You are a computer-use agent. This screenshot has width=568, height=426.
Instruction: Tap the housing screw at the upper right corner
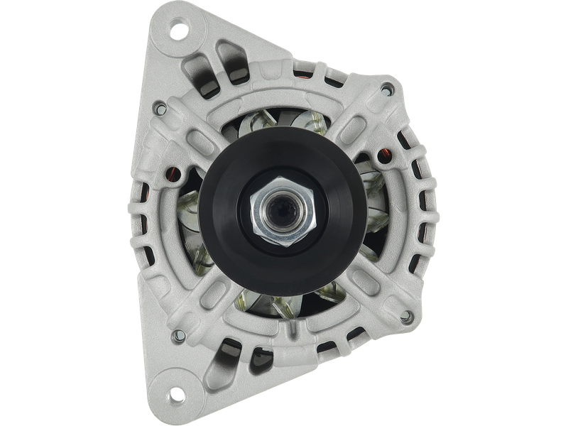(x=388, y=88)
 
